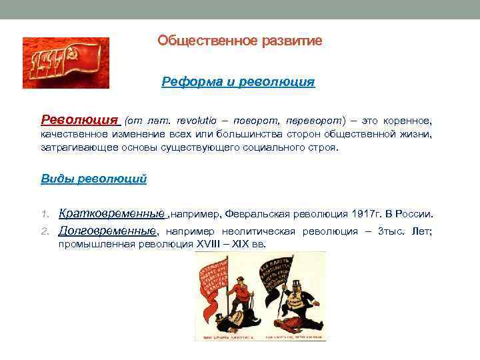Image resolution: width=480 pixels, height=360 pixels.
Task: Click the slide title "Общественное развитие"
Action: [239, 41]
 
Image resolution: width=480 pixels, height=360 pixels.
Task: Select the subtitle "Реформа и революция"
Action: [238, 82]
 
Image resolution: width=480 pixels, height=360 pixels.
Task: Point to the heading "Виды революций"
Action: [93, 179]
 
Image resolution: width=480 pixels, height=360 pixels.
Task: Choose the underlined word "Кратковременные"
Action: [111, 214]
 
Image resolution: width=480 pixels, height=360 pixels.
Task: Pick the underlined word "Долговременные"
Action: [107, 231]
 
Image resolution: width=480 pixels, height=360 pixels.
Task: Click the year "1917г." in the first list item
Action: [363, 215]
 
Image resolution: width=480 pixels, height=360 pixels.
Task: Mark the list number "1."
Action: [46, 215]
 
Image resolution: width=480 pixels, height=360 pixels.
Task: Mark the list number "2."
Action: [46, 231]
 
